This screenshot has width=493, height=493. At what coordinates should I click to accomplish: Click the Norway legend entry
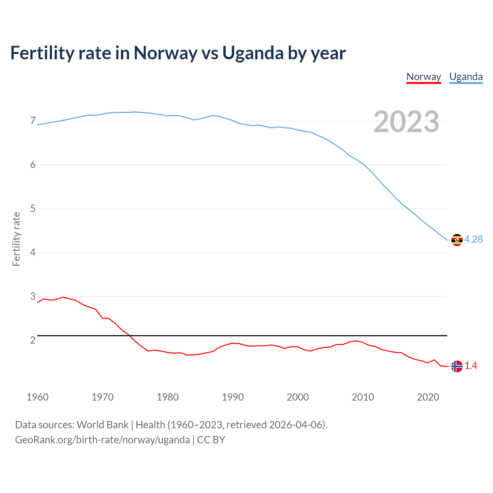(x=424, y=77)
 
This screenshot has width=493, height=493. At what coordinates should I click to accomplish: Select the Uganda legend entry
(x=466, y=77)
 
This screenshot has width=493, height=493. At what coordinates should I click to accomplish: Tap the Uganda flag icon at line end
(x=457, y=240)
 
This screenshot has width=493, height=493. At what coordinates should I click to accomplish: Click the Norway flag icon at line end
(x=457, y=366)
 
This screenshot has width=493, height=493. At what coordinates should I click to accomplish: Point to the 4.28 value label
(x=473, y=239)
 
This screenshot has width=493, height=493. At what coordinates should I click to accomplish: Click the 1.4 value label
(x=471, y=366)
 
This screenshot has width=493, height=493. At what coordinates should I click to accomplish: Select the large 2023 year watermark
(x=406, y=122)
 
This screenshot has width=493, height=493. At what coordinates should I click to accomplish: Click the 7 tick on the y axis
(x=33, y=121)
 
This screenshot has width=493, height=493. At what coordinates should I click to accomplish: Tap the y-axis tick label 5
(x=33, y=209)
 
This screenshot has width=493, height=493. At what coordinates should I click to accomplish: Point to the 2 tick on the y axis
(x=33, y=340)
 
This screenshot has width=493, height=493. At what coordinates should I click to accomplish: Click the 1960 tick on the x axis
(x=37, y=397)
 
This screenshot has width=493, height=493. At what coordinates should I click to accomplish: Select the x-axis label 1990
(x=233, y=397)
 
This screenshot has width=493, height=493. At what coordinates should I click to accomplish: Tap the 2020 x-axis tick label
(x=428, y=397)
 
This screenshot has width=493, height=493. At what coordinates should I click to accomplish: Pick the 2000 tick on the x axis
(x=298, y=397)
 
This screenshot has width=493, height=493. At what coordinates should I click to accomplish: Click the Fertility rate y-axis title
(x=16, y=239)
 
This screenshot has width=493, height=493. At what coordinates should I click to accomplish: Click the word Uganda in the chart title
(x=253, y=53)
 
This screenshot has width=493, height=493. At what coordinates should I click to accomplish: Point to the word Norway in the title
(x=165, y=53)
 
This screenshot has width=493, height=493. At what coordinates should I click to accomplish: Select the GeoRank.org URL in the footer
(x=102, y=440)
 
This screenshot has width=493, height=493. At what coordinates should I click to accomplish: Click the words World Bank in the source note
(x=102, y=425)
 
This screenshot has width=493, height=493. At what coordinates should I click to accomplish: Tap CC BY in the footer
(x=211, y=440)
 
